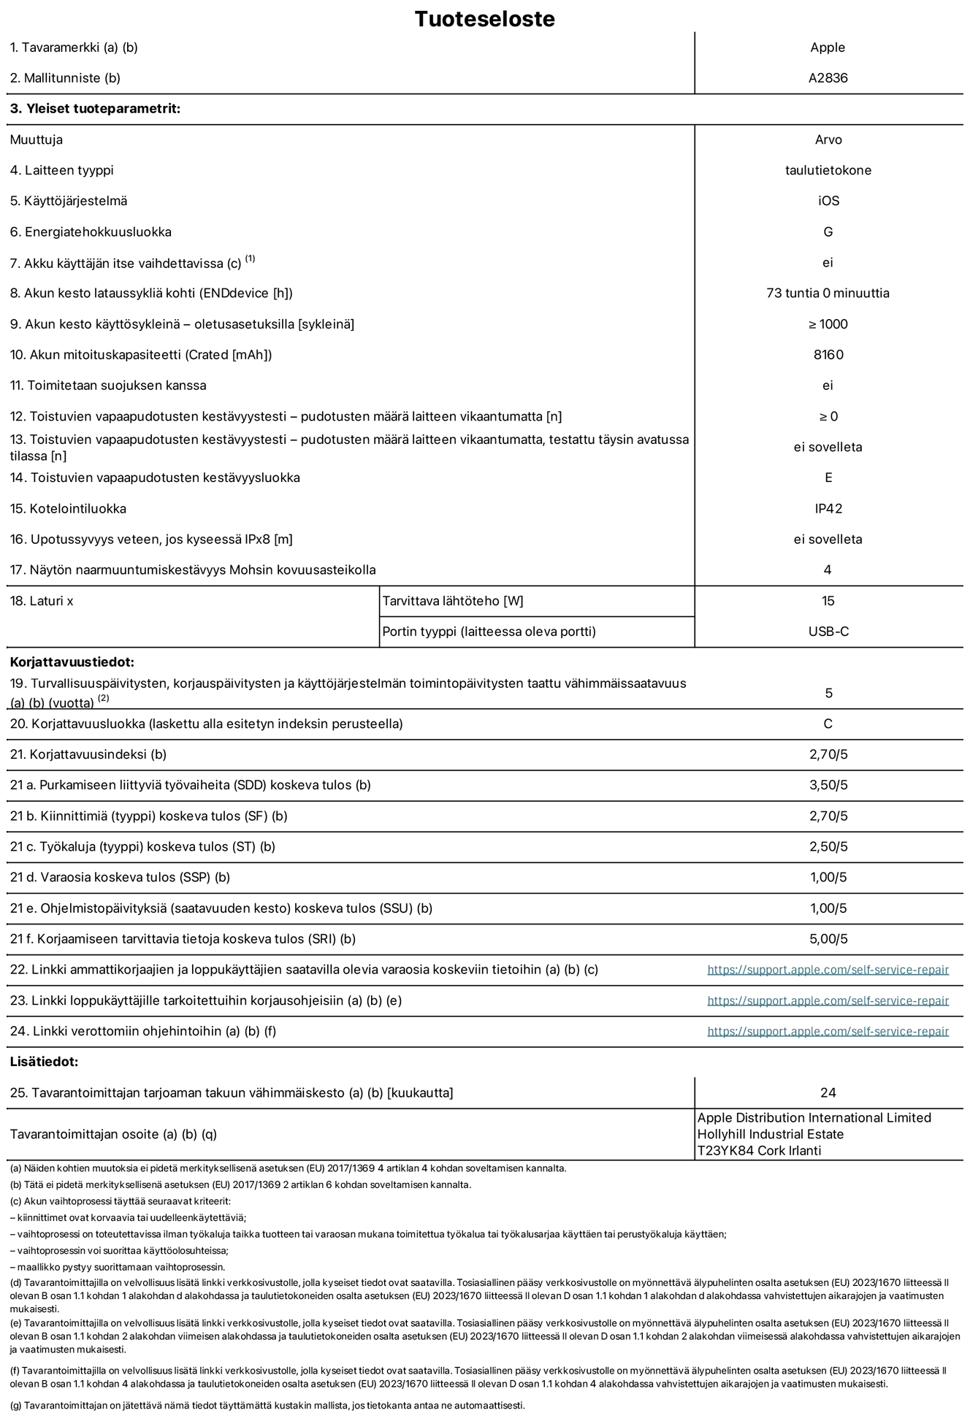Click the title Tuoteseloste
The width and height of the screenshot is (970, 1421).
click(x=484, y=19)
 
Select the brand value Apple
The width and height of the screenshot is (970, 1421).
click(x=828, y=47)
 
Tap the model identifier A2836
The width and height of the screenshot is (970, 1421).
click(x=828, y=78)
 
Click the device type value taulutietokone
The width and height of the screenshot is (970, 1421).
click(x=828, y=170)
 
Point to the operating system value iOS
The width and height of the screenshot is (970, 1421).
click(x=828, y=201)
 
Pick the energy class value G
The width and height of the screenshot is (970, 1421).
click(x=828, y=232)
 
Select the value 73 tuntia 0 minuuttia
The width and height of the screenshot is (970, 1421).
click(x=828, y=294)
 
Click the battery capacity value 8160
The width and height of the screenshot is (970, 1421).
click(x=828, y=355)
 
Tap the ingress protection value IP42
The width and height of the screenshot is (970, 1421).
click(x=828, y=509)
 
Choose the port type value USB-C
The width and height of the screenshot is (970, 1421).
click(x=828, y=632)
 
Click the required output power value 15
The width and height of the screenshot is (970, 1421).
click(x=828, y=601)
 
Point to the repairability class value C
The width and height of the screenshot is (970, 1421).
click(x=828, y=724)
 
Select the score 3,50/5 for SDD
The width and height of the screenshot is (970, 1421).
click(x=828, y=786)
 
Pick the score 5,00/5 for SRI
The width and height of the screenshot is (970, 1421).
click(x=828, y=939)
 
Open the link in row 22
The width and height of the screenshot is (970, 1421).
click(x=828, y=970)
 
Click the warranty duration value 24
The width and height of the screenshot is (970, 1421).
click(x=828, y=1093)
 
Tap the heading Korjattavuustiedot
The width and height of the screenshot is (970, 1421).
click(x=72, y=663)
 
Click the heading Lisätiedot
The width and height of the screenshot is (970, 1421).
click(x=44, y=1062)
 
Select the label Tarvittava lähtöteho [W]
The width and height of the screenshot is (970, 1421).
click(x=453, y=601)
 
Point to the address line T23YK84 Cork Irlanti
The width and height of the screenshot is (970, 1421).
click(x=759, y=1151)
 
